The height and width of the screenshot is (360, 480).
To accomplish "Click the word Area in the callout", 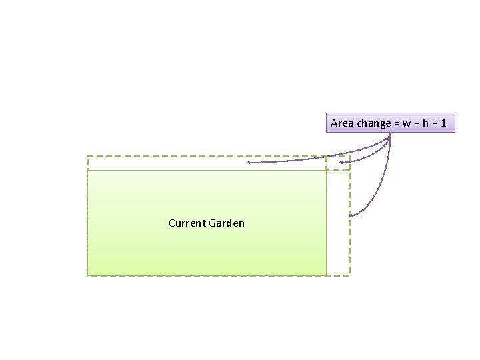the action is pyautogui.click(x=343, y=123).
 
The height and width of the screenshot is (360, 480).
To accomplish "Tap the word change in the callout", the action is pyautogui.click(x=373, y=123).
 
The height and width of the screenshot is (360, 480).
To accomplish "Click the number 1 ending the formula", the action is pyautogui.click(x=443, y=123).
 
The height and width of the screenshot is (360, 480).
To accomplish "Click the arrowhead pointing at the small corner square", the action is pyautogui.click(x=341, y=162).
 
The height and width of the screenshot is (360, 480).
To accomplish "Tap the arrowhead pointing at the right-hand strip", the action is pyautogui.click(x=351, y=215).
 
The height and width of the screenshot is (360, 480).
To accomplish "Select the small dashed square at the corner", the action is pyautogui.click(x=337, y=163).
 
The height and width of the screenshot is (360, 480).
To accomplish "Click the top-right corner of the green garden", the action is pyautogui.click(x=326, y=170).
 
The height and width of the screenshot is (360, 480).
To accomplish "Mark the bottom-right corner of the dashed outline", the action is pyautogui.click(x=349, y=275).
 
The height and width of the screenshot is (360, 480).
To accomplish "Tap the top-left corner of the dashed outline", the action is pyautogui.click(x=87, y=156).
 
